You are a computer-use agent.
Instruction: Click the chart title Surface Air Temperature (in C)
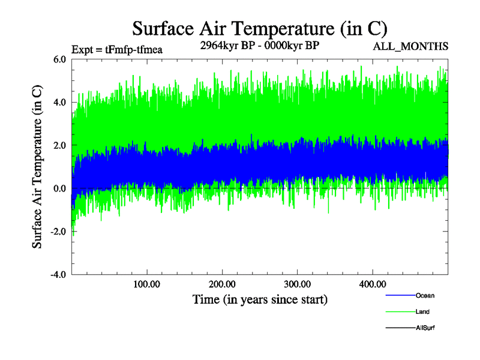click(x=260, y=28)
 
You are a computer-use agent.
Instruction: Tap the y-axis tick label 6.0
click(x=59, y=59)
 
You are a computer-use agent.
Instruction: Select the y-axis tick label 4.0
click(x=59, y=103)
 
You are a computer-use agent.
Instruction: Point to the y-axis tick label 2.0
click(x=59, y=146)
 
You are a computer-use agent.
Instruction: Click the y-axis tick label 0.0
click(x=59, y=188)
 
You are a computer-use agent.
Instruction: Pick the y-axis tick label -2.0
click(x=58, y=232)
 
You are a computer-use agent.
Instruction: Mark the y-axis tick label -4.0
click(x=58, y=275)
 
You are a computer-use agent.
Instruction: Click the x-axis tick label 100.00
click(x=146, y=284)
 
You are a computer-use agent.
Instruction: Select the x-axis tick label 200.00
click(x=222, y=284)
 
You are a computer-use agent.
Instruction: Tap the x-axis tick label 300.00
click(x=297, y=284)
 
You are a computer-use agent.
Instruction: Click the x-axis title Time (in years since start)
click(x=260, y=299)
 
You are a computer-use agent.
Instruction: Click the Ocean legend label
click(x=425, y=296)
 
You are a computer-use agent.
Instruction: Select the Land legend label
click(x=422, y=312)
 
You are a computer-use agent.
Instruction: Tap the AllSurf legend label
click(x=425, y=328)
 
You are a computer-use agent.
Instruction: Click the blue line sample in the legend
click(x=400, y=296)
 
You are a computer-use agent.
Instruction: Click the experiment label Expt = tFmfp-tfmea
click(x=117, y=50)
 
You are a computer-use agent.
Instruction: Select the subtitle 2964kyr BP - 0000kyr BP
click(x=259, y=44)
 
